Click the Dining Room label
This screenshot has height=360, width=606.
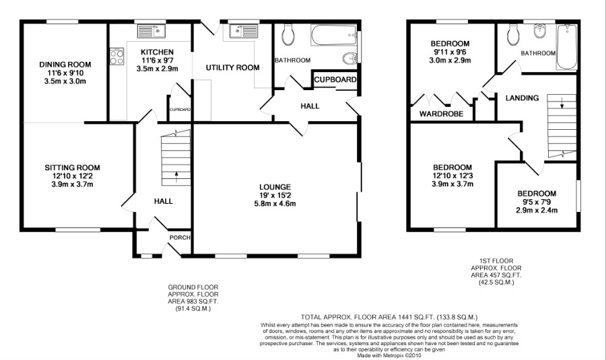(x=65, y=65)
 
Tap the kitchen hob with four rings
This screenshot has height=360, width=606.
(x=116, y=57)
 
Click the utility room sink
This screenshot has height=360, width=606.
(x=244, y=31)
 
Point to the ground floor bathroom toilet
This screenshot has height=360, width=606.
(x=288, y=34)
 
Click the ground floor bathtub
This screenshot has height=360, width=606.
(x=333, y=36)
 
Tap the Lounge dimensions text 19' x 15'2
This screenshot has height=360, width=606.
(x=275, y=195)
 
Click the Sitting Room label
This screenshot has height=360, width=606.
(x=72, y=168)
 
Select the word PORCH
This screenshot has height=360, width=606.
(x=180, y=238)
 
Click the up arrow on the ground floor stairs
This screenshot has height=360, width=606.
(x=176, y=177)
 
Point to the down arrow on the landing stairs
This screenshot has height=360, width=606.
(x=562, y=103)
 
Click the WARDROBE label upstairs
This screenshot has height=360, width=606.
(x=441, y=114)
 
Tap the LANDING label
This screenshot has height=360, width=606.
(x=522, y=98)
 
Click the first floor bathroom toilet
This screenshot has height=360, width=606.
(x=513, y=35)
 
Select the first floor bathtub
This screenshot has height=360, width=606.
(x=566, y=47)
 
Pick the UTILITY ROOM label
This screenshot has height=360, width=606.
(x=233, y=68)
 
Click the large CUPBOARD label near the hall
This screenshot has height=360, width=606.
(x=335, y=80)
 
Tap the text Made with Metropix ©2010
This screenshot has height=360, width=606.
(x=389, y=355)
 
